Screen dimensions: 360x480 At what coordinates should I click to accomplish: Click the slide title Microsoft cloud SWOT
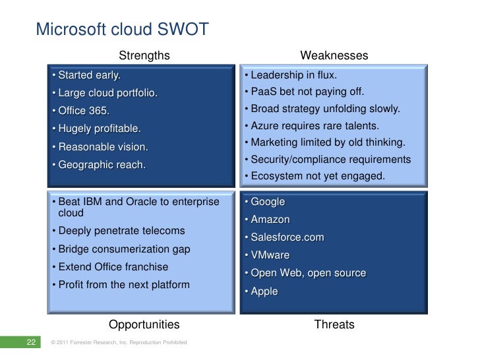122,29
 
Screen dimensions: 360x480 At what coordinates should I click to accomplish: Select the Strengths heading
144,55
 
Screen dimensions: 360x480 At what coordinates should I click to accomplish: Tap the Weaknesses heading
334,55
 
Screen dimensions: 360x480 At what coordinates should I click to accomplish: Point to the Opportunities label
144,324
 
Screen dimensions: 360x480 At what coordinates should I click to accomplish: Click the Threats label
334,324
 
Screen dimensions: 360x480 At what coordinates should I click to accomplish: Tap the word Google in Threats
267,202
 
